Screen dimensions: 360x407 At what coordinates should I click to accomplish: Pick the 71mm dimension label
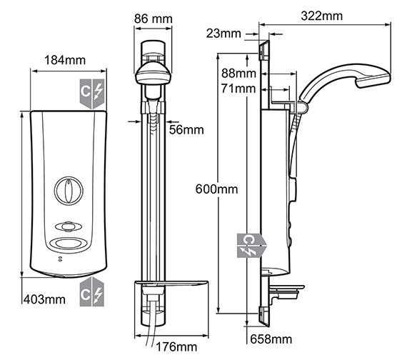pyautogui.click(x=239, y=89)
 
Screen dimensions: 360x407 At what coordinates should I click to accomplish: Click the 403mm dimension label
pyautogui.click(x=44, y=299)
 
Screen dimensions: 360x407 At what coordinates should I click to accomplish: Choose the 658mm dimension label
pyautogui.click(x=271, y=339)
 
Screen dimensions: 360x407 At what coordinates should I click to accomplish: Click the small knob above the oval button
pyautogui.click(x=67, y=226)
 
